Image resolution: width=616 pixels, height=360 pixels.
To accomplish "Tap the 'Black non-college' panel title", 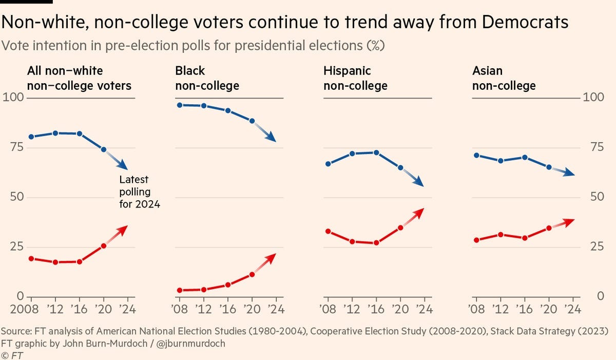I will tap(207, 78).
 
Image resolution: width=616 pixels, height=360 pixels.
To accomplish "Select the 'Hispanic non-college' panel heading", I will tap(355, 78).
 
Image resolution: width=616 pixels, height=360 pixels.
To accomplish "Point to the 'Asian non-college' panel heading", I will tap(504, 78).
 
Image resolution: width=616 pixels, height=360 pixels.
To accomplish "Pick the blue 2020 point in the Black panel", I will tap(252, 121).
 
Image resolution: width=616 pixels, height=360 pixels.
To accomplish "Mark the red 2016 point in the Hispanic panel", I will tap(376, 242).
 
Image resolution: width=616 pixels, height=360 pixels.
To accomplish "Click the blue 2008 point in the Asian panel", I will tap(477, 155).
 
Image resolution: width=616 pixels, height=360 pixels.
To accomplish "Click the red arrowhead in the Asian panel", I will tap(571, 221).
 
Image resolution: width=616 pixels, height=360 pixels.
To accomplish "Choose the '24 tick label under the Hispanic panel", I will tap(423, 309).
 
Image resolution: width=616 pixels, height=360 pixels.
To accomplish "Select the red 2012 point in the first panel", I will tap(55, 262).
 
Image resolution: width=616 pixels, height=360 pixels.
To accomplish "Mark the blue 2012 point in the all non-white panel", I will tap(55, 133).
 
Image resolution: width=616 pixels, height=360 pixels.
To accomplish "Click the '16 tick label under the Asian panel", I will tap(524, 309).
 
